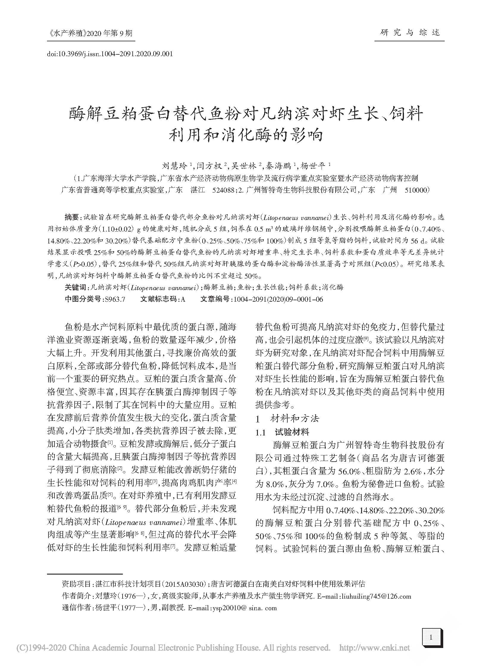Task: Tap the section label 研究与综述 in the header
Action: coord(410,32)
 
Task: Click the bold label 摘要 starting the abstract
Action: coord(71,217)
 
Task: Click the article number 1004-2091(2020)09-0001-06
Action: coord(278,299)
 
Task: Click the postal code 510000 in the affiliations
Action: coord(416,190)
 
